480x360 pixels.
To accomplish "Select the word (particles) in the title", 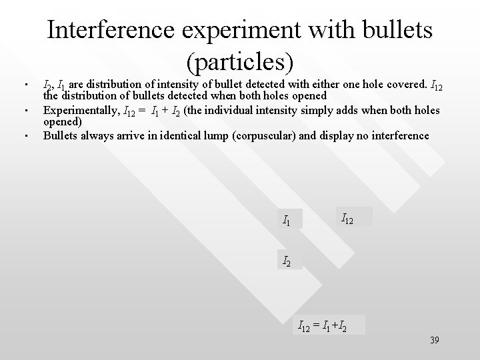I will [x=239, y=61].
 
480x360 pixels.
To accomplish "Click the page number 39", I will [x=434, y=341].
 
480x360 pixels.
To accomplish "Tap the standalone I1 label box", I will [x=289, y=219].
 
